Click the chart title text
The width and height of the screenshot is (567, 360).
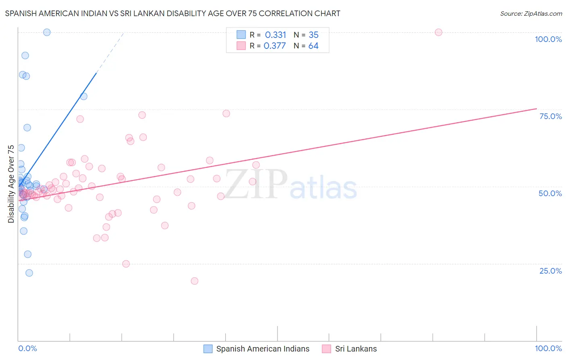click(173, 13)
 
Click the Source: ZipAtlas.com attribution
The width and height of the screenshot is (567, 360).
click(531, 13)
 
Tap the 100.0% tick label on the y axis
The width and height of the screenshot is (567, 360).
click(548, 39)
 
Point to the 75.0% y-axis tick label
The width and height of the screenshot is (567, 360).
click(550, 116)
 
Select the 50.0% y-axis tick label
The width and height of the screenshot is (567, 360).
click(550, 193)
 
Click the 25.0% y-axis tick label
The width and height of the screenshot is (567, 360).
click(550, 271)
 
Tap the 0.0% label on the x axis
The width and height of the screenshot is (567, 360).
click(27, 348)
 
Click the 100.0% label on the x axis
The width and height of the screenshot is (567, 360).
click(548, 348)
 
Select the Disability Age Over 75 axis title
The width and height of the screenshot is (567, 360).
click(11, 184)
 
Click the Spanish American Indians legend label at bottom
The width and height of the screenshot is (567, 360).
click(263, 349)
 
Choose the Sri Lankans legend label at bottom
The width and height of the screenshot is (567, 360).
click(356, 349)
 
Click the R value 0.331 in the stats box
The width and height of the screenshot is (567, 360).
click(275, 35)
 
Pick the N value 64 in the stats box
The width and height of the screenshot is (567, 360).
click(313, 46)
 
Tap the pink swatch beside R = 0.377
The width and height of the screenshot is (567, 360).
click(241, 46)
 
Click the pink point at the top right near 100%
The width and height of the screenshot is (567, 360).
click(438, 32)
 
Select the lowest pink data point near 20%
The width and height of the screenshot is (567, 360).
click(194, 281)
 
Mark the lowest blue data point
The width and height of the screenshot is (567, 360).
click(29, 273)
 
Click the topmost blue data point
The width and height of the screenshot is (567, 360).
click(47, 32)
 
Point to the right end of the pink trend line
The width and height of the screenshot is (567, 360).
click(536, 109)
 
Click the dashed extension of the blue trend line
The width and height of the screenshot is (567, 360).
click(110, 53)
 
